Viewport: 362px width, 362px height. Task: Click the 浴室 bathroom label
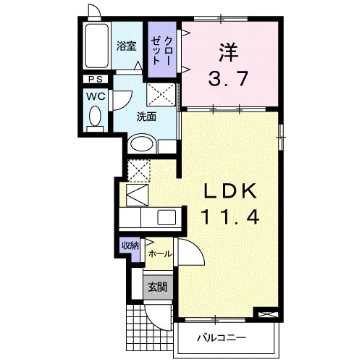(127, 46)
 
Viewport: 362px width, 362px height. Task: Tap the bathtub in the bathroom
(96, 46)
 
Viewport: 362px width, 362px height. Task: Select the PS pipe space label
(96, 79)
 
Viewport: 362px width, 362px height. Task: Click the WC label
(96, 96)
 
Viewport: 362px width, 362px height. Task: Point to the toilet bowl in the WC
(95, 117)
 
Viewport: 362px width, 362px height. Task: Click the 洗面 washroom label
(146, 117)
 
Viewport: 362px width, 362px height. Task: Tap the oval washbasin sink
(142, 144)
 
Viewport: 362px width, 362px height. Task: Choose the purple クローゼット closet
(162, 50)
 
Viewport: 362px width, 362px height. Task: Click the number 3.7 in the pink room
(228, 79)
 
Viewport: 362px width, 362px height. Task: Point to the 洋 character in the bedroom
(229, 53)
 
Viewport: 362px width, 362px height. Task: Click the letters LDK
(230, 190)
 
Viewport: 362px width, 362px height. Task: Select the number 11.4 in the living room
(230, 216)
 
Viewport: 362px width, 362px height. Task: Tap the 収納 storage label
(130, 246)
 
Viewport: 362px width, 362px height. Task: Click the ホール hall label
(160, 253)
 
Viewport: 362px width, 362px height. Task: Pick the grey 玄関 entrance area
(158, 287)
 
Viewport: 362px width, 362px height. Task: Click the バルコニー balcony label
(222, 337)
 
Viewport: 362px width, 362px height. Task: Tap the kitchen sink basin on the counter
(167, 218)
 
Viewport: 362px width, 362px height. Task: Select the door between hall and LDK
(190, 251)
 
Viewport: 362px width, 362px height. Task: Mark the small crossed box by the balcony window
(269, 314)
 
